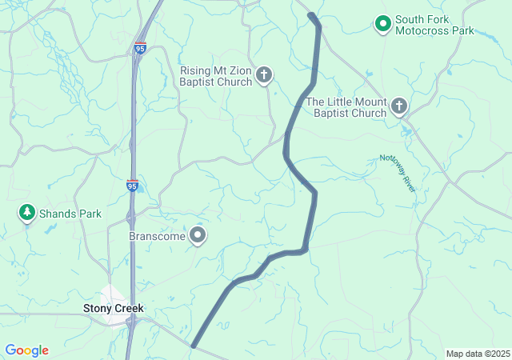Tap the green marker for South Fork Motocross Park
383,25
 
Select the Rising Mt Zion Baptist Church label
216,76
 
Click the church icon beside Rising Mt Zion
264,76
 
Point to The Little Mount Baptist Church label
346,107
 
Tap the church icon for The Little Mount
398,106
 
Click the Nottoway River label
398,173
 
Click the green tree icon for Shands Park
27,213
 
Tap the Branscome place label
157,237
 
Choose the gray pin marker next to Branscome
198,236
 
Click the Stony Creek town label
114,308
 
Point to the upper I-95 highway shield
141,49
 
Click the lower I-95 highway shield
133,186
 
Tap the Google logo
26,350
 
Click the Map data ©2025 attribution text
478,354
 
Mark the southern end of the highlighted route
194,346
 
